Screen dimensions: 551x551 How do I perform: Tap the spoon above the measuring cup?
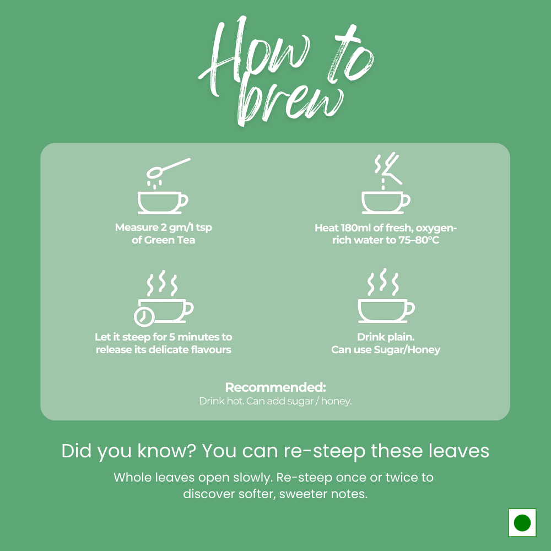click(168, 168)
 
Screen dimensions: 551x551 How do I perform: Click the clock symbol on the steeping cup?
click(144, 317)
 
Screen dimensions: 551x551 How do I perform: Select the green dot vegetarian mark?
click(522, 522)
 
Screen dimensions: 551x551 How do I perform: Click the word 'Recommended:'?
click(275, 387)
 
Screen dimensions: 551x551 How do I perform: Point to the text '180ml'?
click(356, 228)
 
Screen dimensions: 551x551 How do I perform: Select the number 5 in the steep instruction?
click(172, 337)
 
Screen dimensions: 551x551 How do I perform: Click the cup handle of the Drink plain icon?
click(410, 308)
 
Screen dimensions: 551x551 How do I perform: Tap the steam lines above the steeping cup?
click(161, 283)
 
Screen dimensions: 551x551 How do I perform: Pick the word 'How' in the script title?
click(253, 56)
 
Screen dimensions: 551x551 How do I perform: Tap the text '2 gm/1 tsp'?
click(186, 228)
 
